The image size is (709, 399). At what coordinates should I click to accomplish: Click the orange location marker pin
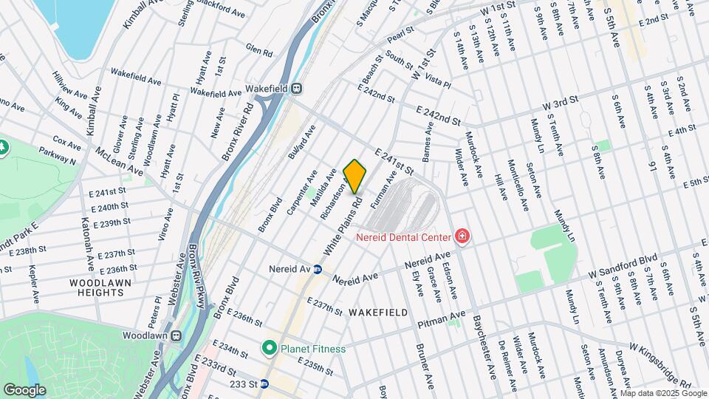(x=355, y=176)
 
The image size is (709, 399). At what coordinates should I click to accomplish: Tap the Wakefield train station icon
(x=296, y=88)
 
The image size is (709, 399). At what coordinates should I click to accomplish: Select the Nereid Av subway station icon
(x=318, y=270)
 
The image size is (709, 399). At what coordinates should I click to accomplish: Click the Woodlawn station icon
(x=177, y=335)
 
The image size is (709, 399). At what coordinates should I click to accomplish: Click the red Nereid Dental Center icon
(x=462, y=236)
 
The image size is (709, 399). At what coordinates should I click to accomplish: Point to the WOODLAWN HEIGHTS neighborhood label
(x=96, y=287)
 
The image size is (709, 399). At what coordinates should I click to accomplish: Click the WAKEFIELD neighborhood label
(x=377, y=313)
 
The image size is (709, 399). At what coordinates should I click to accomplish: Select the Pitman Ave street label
(x=440, y=318)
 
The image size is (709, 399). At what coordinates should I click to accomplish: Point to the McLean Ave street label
(x=118, y=160)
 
